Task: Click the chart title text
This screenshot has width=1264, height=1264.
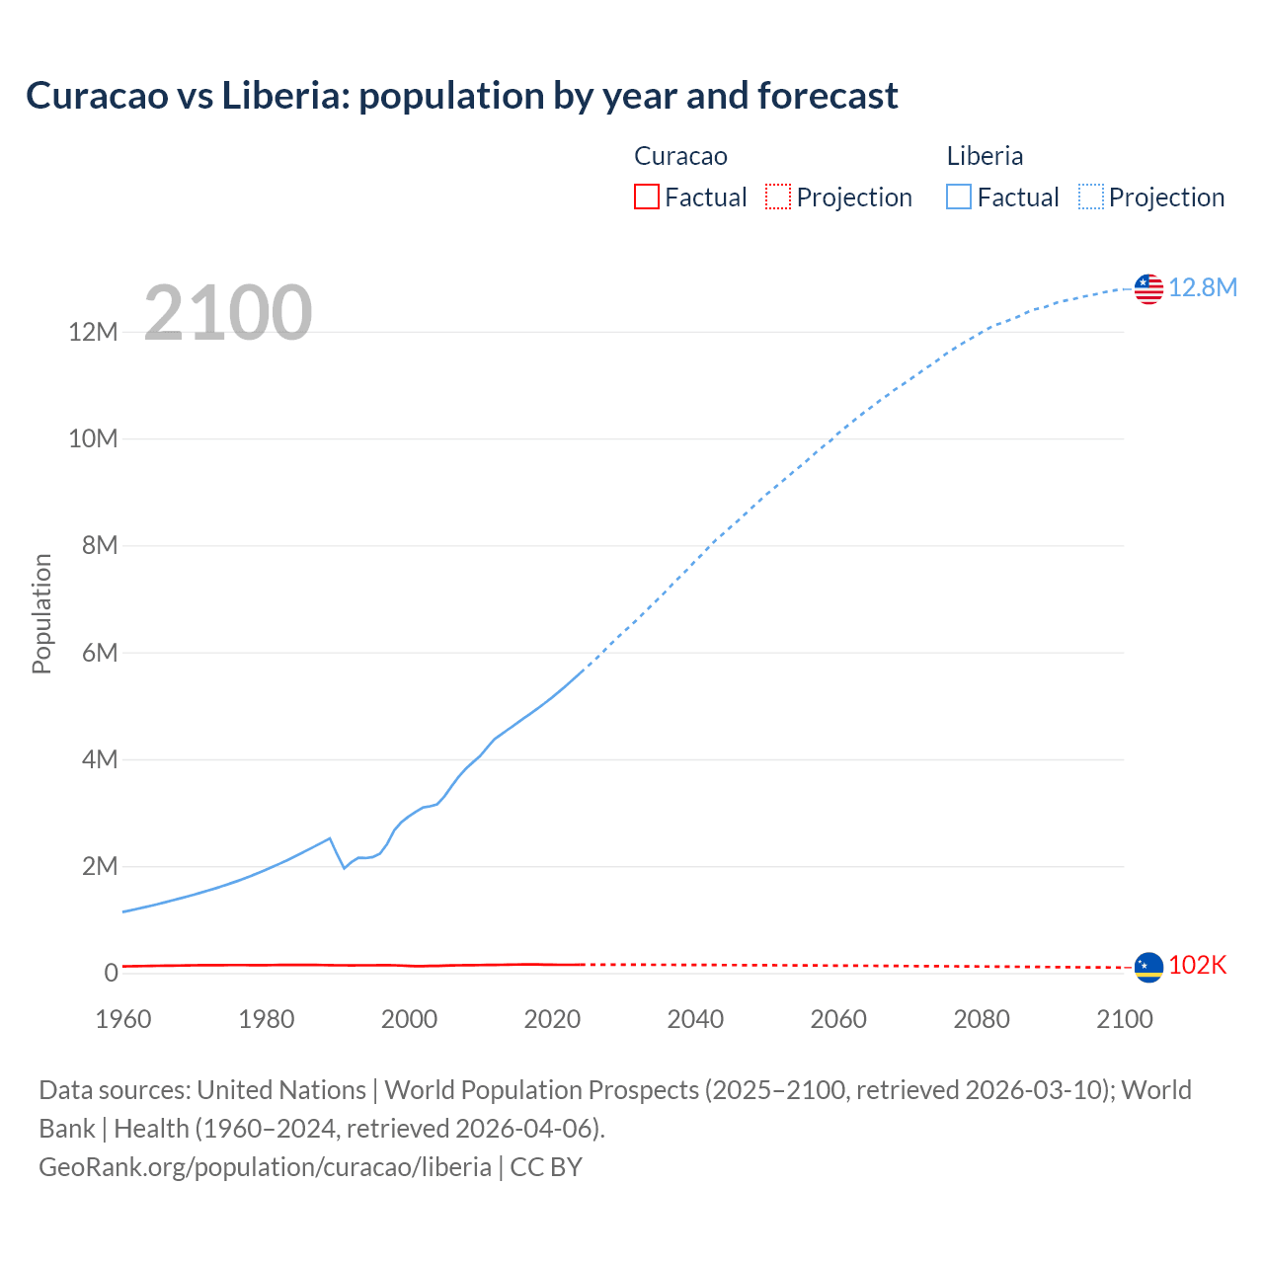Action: [461, 96]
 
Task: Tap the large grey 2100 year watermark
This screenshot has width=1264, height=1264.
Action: [228, 313]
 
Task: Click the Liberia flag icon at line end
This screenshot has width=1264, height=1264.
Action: [1148, 288]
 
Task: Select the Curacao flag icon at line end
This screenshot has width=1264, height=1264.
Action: [1148, 967]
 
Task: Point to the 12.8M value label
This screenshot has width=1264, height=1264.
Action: [1203, 287]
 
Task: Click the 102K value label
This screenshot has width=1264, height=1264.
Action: [1197, 966]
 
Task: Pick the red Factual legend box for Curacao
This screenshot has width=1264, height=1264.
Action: [646, 197]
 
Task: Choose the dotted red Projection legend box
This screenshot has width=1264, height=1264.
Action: [778, 197]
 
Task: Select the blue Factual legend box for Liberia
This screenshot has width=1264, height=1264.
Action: [959, 197]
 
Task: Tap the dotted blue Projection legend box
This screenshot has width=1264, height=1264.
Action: [1091, 197]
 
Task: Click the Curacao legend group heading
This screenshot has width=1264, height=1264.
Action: [680, 156]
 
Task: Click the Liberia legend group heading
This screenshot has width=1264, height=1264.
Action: [985, 156]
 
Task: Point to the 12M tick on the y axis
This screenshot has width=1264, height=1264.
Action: [94, 332]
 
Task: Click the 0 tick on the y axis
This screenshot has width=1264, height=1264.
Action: [111, 974]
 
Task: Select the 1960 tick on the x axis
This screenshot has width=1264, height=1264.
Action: [123, 1019]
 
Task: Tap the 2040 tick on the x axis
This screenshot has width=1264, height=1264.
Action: [695, 1019]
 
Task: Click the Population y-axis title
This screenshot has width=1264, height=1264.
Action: [41, 613]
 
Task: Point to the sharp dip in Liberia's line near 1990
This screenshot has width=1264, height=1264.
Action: [344, 867]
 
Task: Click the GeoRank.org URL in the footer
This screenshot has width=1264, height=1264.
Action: [265, 1167]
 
